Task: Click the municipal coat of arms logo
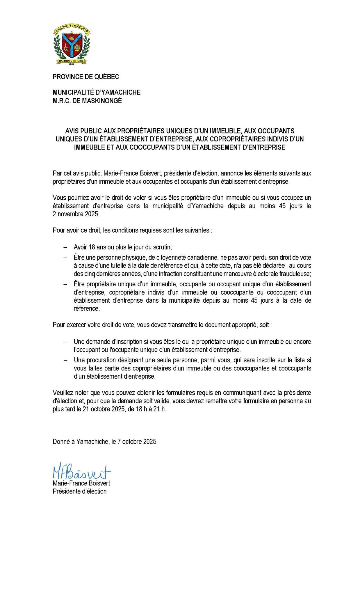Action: point(72,45)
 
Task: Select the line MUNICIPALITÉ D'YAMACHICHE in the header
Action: point(97,92)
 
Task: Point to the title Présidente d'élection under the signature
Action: point(79,491)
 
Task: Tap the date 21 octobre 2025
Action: point(103,409)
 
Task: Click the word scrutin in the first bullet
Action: point(163,247)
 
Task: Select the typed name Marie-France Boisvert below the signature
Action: point(81,483)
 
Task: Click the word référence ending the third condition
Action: point(87,308)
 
